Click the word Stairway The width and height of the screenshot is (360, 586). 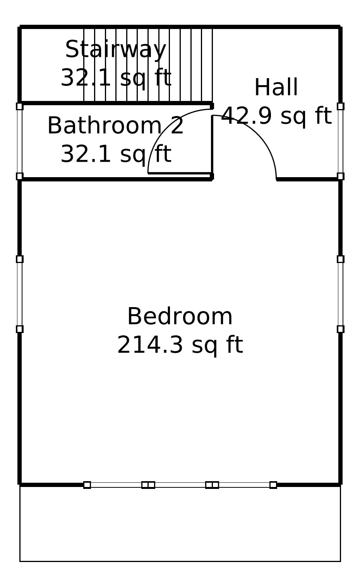[x=116, y=50]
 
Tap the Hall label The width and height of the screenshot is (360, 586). [x=276, y=87]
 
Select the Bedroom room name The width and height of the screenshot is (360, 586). [x=180, y=316]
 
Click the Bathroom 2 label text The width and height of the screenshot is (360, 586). [x=115, y=126]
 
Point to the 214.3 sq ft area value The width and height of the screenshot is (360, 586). [x=180, y=345]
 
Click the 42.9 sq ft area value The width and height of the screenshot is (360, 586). [x=276, y=116]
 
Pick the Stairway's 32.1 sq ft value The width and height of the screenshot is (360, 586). [x=116, y=78]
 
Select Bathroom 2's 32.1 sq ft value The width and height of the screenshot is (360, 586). [x=116, y=154]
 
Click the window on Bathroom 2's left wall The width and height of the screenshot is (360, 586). [x=20, y=141]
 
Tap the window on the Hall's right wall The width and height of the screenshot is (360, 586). [x=340, y=141]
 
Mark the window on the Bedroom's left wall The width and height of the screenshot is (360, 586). [x=20, y=294]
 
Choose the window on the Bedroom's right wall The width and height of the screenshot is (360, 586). [x=340, y=294]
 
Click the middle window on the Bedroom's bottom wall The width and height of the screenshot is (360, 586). [x=180, y=485]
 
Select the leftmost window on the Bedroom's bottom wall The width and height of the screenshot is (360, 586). [x=116, y=485]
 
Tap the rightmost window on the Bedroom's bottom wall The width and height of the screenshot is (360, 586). [x=244, y=485]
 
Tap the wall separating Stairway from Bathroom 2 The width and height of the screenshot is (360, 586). [x=116, y=103]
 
